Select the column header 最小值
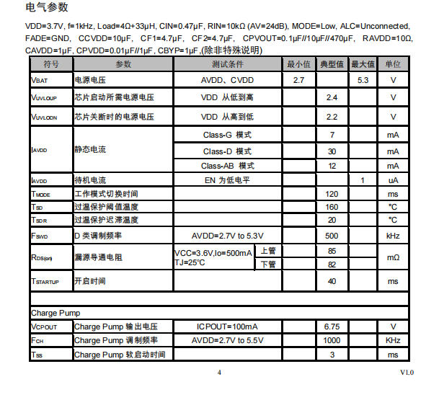click(x=298, y=64)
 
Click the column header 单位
click(x=393, y=64)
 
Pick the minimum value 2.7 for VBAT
click(x=298, y=80)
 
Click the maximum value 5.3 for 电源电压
click(x=363, y=80)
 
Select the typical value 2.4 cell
click(x=332, y=97)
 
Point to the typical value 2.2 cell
click(x=332, y=117)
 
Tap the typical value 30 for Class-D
click(x=332, y=151)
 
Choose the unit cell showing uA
click(x=393, y=180)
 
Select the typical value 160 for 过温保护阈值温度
click(x=332, y=208)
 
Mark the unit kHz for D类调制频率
click(x=393, y=236)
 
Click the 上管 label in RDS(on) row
click(x=268, y=251)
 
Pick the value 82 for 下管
click(x=332, y=265)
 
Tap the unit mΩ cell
click(x=393, y=257)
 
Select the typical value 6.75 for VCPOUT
click(x=332, y=327)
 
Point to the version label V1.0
click(x=407, y=372)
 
